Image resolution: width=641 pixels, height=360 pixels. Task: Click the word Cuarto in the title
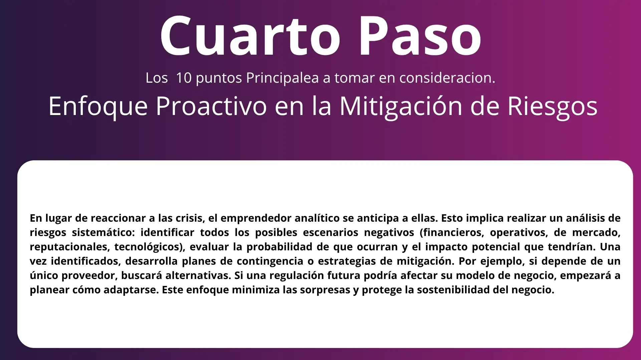[250, 36]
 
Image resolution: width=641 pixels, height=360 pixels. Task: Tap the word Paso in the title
[420, 36]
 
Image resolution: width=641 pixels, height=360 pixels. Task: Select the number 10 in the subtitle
[184, 78]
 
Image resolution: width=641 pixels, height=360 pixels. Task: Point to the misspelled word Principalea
[282, 78]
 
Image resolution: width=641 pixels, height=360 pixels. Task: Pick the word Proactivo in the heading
[211, 106]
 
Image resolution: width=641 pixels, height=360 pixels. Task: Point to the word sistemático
[103, 232]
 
